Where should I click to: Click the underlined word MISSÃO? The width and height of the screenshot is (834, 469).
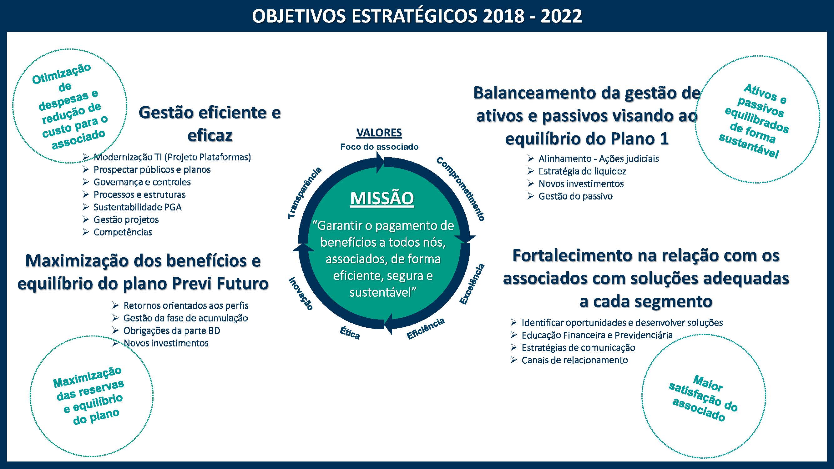click(382, 198)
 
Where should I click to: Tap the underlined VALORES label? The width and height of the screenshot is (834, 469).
click(379, 133)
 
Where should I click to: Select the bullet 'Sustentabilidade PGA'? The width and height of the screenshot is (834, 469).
click(137, 207)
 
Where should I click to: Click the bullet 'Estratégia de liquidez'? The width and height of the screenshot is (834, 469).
click(582, 171)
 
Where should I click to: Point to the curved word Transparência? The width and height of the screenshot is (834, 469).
click(305, 193)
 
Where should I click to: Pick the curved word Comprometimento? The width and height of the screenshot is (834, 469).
click(460, 189)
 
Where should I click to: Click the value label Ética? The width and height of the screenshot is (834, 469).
click(350, 333)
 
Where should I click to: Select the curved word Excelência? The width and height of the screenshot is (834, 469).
click(473, 284)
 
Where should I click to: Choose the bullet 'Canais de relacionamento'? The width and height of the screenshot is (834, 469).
click(574, 360)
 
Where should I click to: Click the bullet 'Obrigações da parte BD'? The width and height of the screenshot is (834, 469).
click(172, 331)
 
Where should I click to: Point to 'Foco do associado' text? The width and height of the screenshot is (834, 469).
click(379, 147)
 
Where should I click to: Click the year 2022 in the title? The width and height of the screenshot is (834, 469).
click(561, 16)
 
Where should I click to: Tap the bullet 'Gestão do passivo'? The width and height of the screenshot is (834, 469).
click(575, 196)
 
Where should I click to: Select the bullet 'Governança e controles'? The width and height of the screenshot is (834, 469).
click(142, 182)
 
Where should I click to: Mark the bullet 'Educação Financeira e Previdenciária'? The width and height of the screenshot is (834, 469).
click(597, 335)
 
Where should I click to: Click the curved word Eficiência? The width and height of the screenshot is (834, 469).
click(426, 329)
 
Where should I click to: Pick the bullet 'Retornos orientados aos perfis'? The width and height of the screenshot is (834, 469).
click(186, 305)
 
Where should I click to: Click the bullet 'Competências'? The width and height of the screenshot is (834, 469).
click(123, 232)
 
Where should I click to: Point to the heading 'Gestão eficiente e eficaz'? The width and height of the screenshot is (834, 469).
click(210, 124)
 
